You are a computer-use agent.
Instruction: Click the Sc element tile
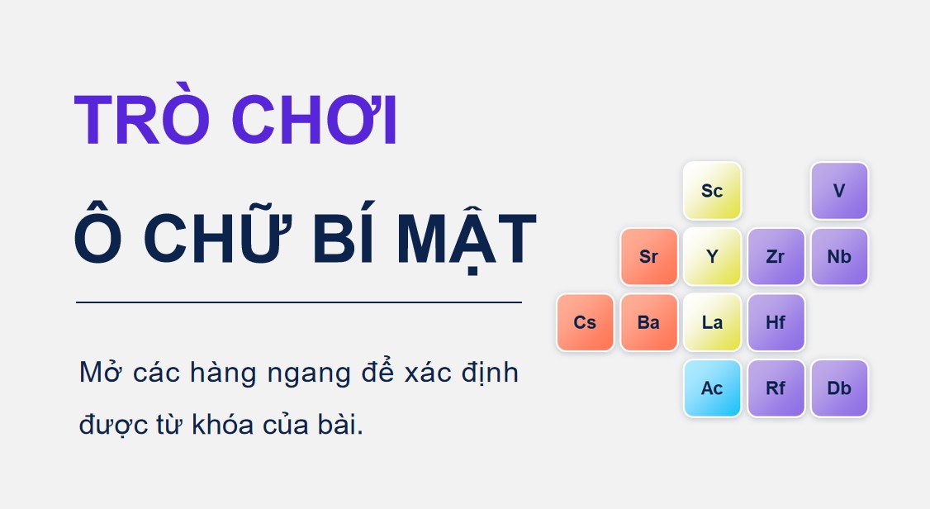pyautogui.click(x=712, y=191)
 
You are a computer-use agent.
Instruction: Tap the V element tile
pyautogui.click(x=839, y=191)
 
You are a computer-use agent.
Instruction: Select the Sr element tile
pyautogui.click(x=649, y=257)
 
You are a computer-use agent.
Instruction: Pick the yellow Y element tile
pyautogui.click(x=712, y=257)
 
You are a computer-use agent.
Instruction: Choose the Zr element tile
pyautogui.click(x=776, y=257)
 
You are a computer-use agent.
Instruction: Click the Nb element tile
pyautogui.click(x=839, y=257)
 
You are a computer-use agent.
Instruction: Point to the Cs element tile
pyautogui.click(x=585, y=323)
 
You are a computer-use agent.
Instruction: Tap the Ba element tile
pyautogui.click(x=649, y=323)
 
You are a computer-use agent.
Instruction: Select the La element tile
pyautogui.click(x=712, y=323)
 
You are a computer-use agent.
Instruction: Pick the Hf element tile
pyautogui.click(x=776, y=323)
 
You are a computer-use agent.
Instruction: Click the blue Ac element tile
pyautogui.click(x=712, y=388)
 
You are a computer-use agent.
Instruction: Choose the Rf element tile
pyautogui.click(x=776, y=388)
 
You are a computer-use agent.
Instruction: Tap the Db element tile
pyautogui.click(x=839, y=388)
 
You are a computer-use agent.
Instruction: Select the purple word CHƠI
pyautogui.click(x=314, y=119)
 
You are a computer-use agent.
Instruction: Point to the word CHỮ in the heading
pyautogui.click(x=218, y=232)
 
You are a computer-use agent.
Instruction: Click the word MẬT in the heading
pyautogui.click(x=466, y=239)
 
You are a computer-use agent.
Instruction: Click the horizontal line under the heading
pyautogui.click(x=299, y=302)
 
